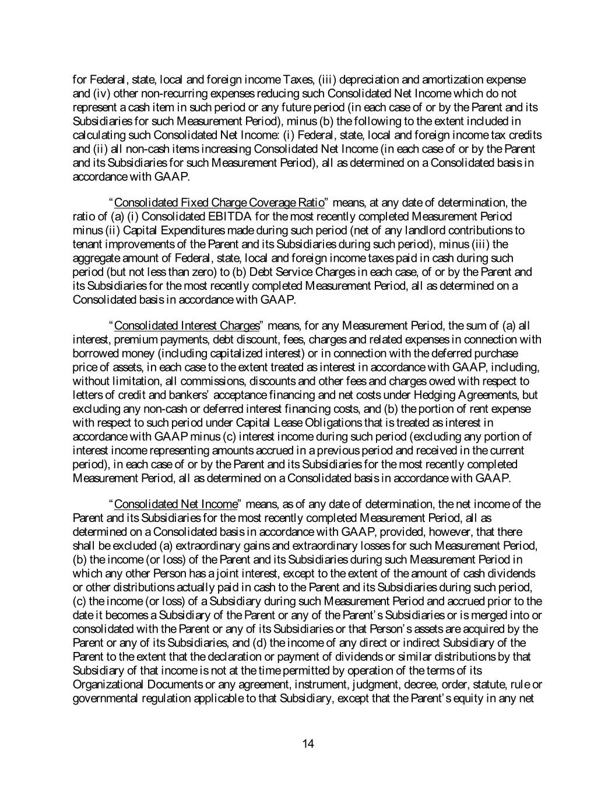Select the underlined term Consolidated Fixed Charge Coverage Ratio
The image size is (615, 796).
click(x=219, y=203)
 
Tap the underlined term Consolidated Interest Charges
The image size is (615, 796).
click(x=187, y=325)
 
